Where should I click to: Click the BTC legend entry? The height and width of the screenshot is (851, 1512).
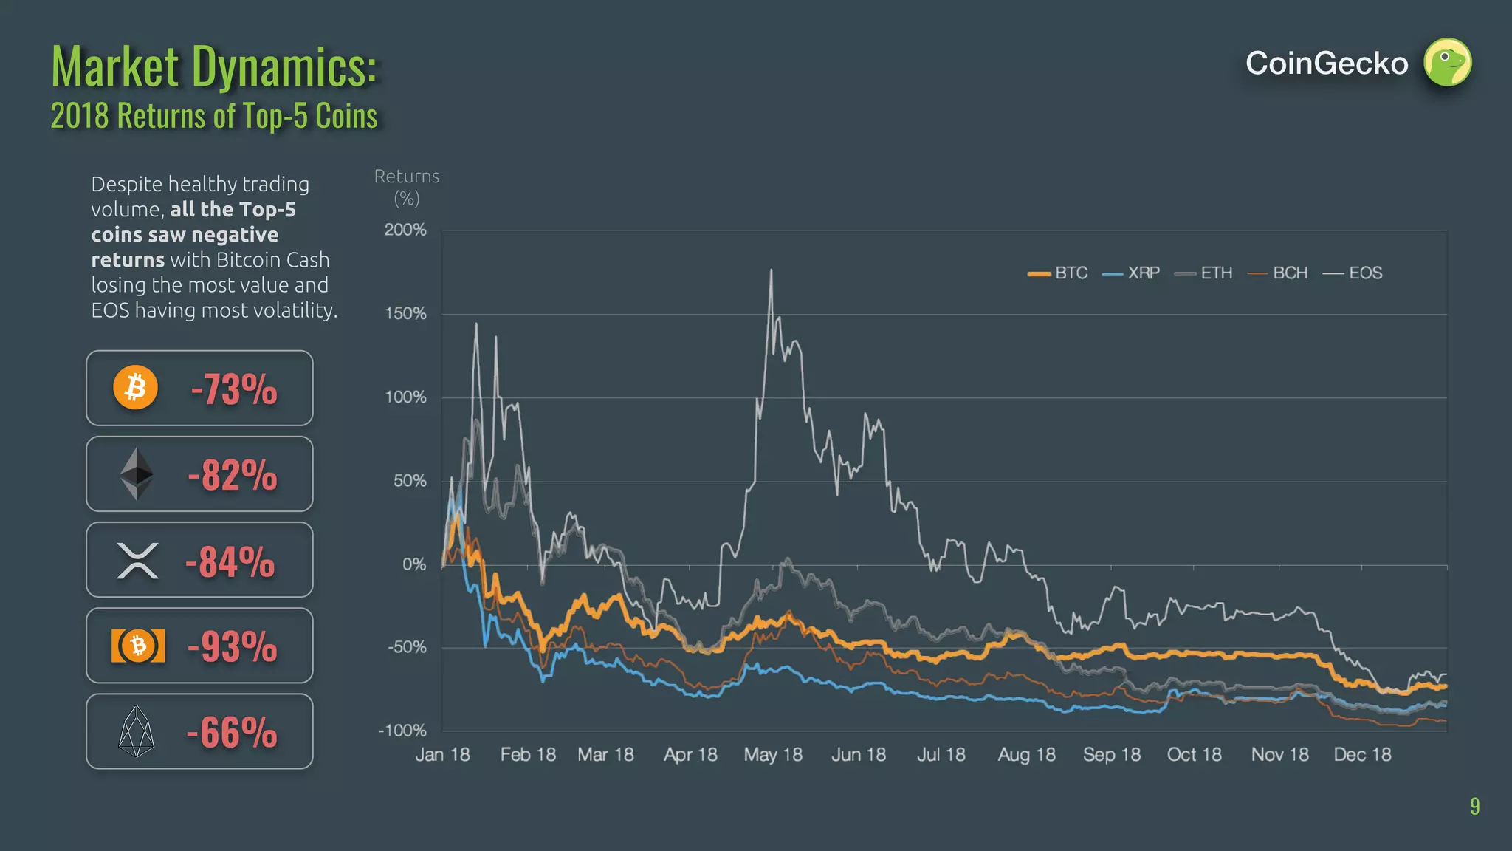point(1058,273)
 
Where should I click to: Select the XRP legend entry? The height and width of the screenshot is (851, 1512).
point(1131,273)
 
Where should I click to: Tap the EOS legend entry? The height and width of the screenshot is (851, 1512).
point(1353,273)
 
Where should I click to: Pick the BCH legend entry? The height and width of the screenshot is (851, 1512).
point(1278,273)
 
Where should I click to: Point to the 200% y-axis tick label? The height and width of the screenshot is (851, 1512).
point(405,230)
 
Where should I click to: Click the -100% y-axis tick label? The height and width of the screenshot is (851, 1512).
point(402,731)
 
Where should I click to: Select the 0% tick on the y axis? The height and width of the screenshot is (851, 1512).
point(414,564)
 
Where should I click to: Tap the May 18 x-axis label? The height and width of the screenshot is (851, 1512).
point(773,755)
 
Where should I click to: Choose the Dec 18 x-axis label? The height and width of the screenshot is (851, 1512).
point(1362,755)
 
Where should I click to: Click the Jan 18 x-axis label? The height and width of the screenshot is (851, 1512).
point(442,755)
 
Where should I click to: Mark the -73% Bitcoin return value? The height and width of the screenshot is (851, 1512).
point(234,389)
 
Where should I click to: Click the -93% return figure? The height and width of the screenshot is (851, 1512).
point(233,646)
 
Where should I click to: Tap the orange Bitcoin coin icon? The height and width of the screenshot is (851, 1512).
point(136,388)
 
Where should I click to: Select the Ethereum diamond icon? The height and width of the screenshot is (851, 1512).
point(137,474)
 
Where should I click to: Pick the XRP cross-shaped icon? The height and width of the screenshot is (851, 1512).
point(137,561)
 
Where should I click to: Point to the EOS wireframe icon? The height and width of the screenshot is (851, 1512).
point(137,731)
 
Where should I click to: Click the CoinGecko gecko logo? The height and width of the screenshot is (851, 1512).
point(1447,63)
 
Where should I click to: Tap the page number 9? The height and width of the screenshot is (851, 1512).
point(1474,806)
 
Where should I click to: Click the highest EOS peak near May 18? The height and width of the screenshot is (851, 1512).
point(772,270)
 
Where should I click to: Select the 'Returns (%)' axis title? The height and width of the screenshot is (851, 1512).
point(407,188)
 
